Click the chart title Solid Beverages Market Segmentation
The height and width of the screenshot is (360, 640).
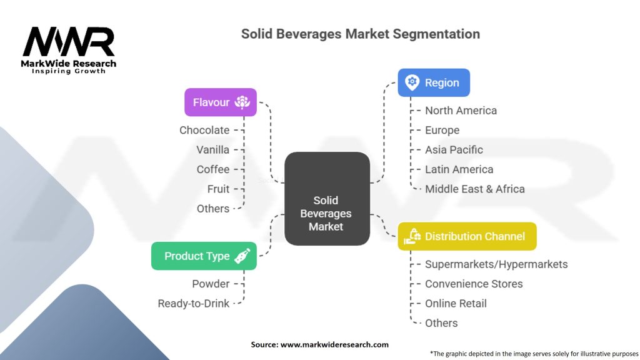tap(361, 34)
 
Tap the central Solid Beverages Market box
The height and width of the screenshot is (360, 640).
tap(326, 199)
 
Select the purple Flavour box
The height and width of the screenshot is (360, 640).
tap(220, 102)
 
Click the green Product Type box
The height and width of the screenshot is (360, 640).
tap(204, 256)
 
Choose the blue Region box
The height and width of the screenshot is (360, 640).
tap(434, 82)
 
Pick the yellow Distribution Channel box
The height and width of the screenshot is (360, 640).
tap(467, 236)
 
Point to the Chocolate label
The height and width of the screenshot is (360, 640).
tap(204, 130)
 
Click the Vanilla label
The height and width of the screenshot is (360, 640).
tap(212, 150)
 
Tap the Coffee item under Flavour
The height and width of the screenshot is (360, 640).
tap(212, 169)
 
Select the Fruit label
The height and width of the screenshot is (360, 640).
tap(218, 189)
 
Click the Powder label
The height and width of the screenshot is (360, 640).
tap(211, 284)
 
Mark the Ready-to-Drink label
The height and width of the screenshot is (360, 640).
tap(193, 303)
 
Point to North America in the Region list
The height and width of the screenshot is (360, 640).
tap(461, 111)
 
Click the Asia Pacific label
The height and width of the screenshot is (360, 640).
tap(454, 150)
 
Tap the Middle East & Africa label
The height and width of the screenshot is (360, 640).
tap(474, 189)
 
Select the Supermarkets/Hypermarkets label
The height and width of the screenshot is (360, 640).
tap(496, 264)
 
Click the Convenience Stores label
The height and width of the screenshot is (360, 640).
tap(474, 284)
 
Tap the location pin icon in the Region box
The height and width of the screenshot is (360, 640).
tap(411, 82)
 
